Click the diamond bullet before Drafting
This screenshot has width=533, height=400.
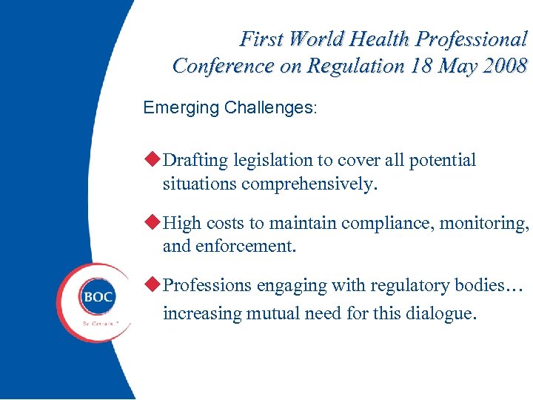(x=152, y=160)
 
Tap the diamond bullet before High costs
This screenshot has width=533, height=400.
(x=152, y=222)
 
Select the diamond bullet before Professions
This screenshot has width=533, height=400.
(x=152, y=284)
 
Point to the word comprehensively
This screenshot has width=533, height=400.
(x=306, y=183)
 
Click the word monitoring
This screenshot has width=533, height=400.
(x=484, y=223)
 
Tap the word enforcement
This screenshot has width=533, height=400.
(x=247, y=246)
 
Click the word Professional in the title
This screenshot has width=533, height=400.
(x=472, y=39)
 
